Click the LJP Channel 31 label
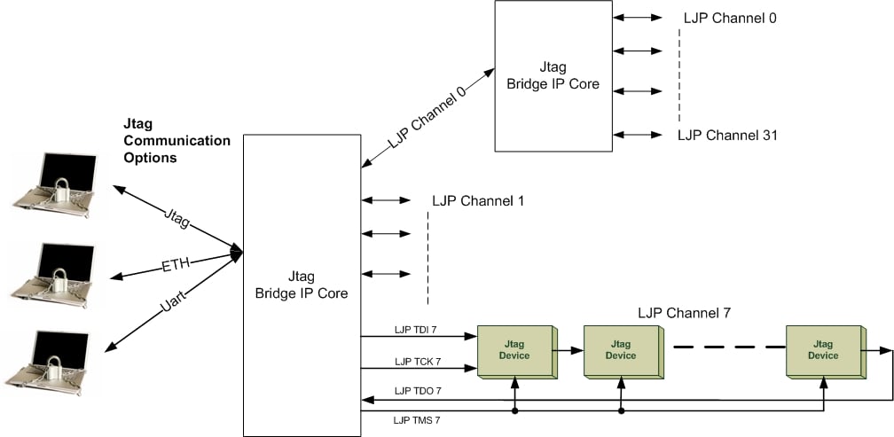(728, 136)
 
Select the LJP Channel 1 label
(477, 201)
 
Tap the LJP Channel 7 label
(684, 313)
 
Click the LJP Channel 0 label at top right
(730, 18)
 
